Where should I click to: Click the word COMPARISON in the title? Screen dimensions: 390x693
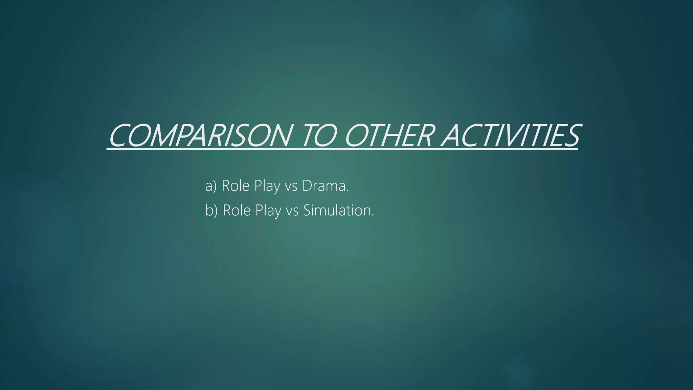tap(200, 136)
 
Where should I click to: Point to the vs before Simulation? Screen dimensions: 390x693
tap(292, 211)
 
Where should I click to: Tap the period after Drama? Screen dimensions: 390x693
tap(347, 191)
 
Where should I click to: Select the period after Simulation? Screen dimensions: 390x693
tap(373, 215)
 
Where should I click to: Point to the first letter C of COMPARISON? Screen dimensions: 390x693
tap(120, 136)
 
